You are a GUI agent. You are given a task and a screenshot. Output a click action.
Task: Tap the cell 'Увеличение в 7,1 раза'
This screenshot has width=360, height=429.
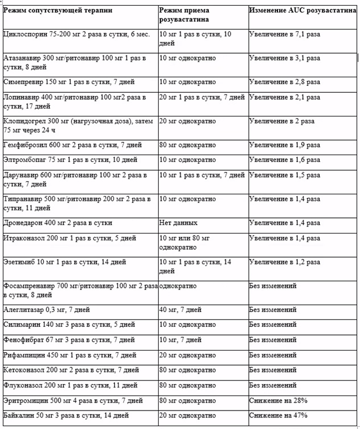point(284,35)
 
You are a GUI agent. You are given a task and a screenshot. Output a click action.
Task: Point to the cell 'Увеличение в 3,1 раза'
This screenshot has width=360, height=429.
point(284,58)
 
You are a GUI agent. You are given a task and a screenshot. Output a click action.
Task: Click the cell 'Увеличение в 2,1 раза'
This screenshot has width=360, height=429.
point(284,97)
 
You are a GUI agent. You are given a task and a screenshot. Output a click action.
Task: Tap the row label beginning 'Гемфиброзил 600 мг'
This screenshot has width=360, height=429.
point(72,145)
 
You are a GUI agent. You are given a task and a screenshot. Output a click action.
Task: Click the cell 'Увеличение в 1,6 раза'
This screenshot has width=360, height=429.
point(284,160)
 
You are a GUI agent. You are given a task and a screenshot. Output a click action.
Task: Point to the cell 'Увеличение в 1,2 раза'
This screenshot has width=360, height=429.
point(284,262)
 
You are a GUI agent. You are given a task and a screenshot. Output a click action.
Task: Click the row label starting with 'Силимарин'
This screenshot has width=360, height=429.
point(69,325)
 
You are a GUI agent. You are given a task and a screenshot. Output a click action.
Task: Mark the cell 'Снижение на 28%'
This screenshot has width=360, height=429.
point(278,400)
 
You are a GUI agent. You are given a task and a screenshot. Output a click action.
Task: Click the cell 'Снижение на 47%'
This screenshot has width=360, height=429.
point(278,415)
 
